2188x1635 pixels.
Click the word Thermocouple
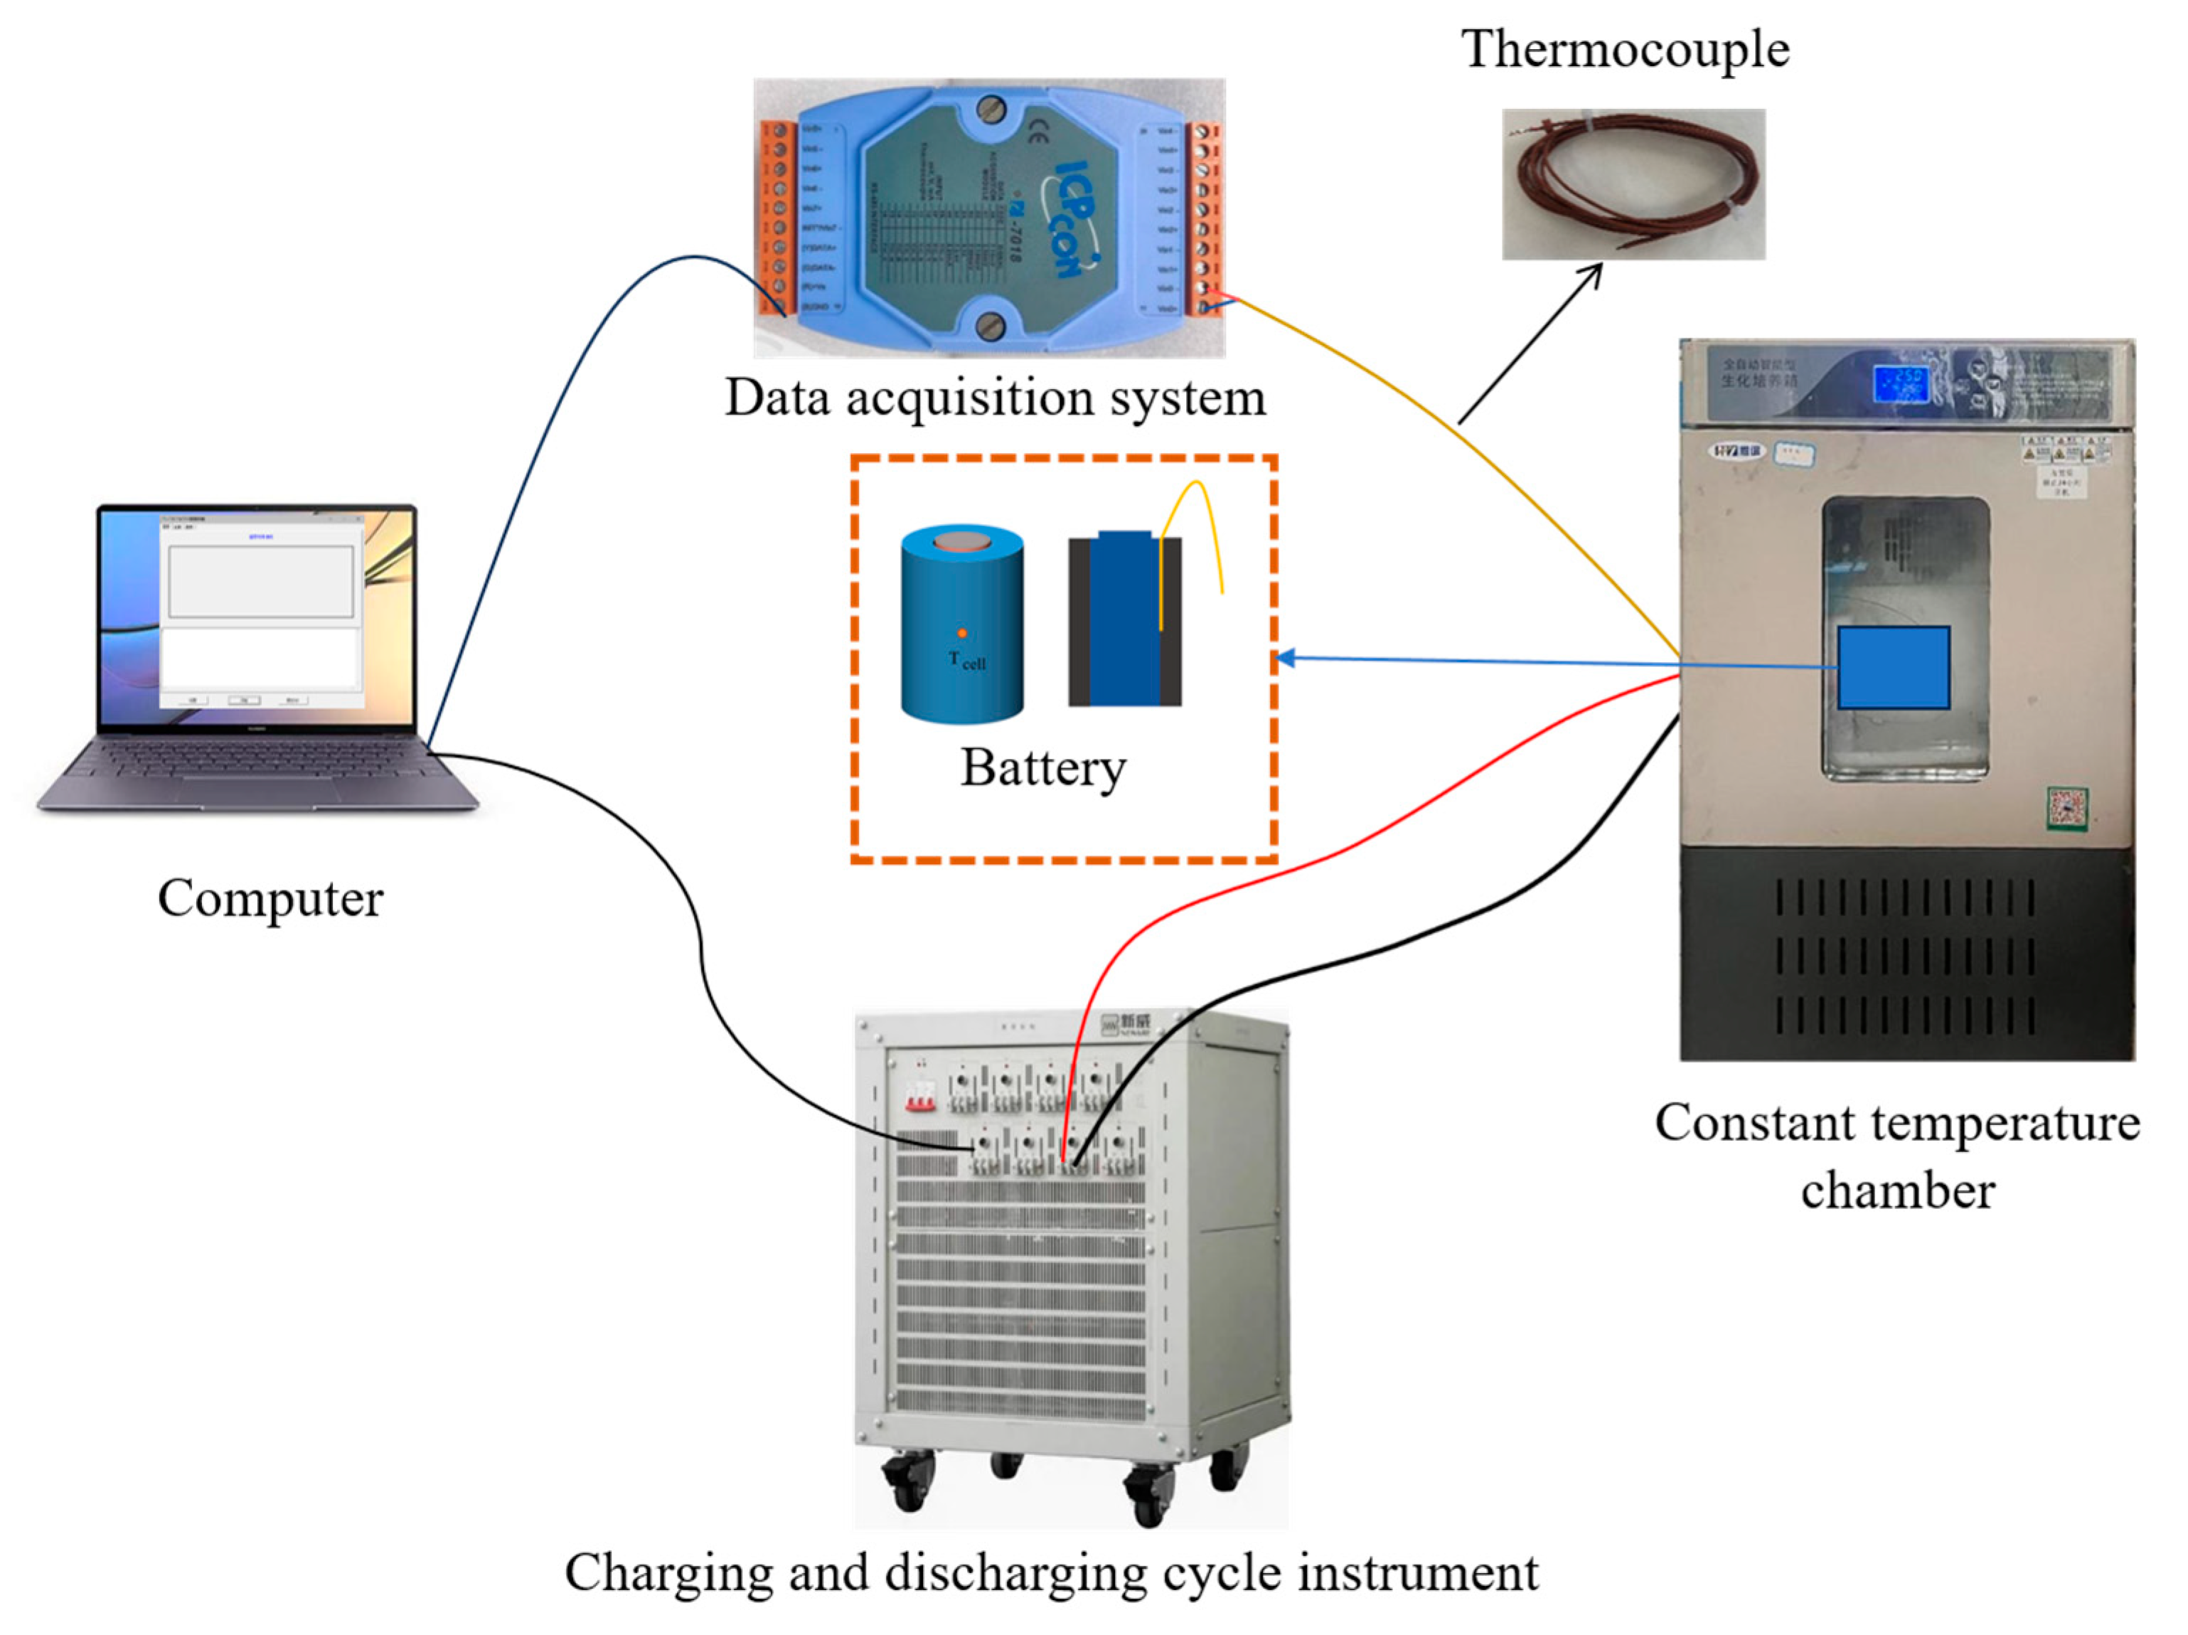coord(1624,50)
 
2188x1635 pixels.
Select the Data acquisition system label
coord(994,398)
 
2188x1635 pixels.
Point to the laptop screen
coord(259,613)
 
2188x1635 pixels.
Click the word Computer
coord(270,898)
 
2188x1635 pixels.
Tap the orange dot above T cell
coord(961,633)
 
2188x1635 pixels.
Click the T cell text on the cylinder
coord(966,660)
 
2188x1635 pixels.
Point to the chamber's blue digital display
coord(1899,384)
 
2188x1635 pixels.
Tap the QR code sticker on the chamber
coord(2066,808)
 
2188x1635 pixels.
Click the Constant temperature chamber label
coord(1896,1155)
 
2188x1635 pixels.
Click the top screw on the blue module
coord(991,110)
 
